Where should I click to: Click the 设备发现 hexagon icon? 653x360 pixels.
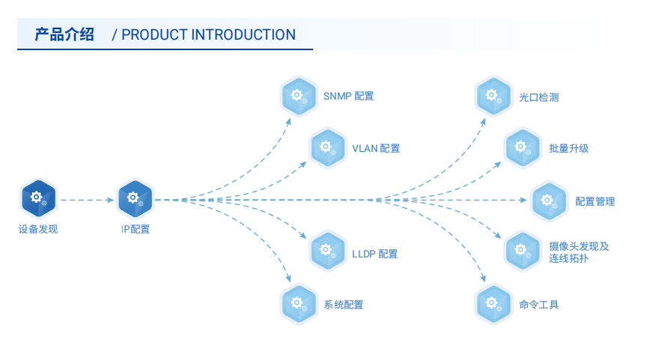(37, 199)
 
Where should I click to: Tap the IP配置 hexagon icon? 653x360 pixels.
(135, 199)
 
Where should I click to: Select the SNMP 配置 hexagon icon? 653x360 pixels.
(299, 96)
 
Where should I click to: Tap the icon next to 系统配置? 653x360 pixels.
(299, 304)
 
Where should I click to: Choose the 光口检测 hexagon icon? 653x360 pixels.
(493, 96)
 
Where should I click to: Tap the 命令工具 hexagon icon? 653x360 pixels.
(493, 304)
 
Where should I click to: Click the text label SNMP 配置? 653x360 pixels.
(348, 97)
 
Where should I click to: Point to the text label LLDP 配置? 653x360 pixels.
(374, 254)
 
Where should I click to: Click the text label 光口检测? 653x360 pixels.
(538, 97)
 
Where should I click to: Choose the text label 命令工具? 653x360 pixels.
(538, 305)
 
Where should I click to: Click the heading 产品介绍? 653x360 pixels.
(64, 34)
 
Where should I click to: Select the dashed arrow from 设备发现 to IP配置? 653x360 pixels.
(86, 200)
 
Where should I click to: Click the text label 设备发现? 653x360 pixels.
(37, 229)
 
